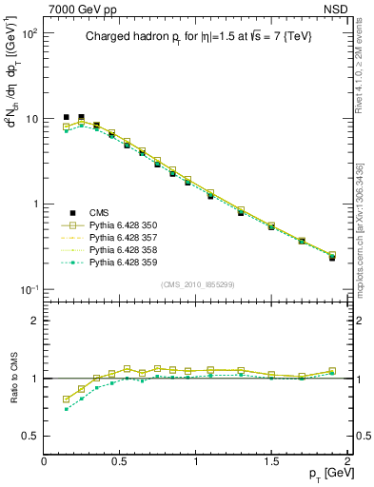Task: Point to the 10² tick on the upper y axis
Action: [29, 33]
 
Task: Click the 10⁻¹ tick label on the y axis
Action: [29, 289]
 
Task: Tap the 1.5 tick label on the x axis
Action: [271, 461]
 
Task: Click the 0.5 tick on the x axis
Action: [120, 461]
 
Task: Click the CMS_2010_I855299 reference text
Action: [196, 284]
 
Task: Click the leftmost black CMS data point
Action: [66, 117]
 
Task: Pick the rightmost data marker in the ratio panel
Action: [332, 371]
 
